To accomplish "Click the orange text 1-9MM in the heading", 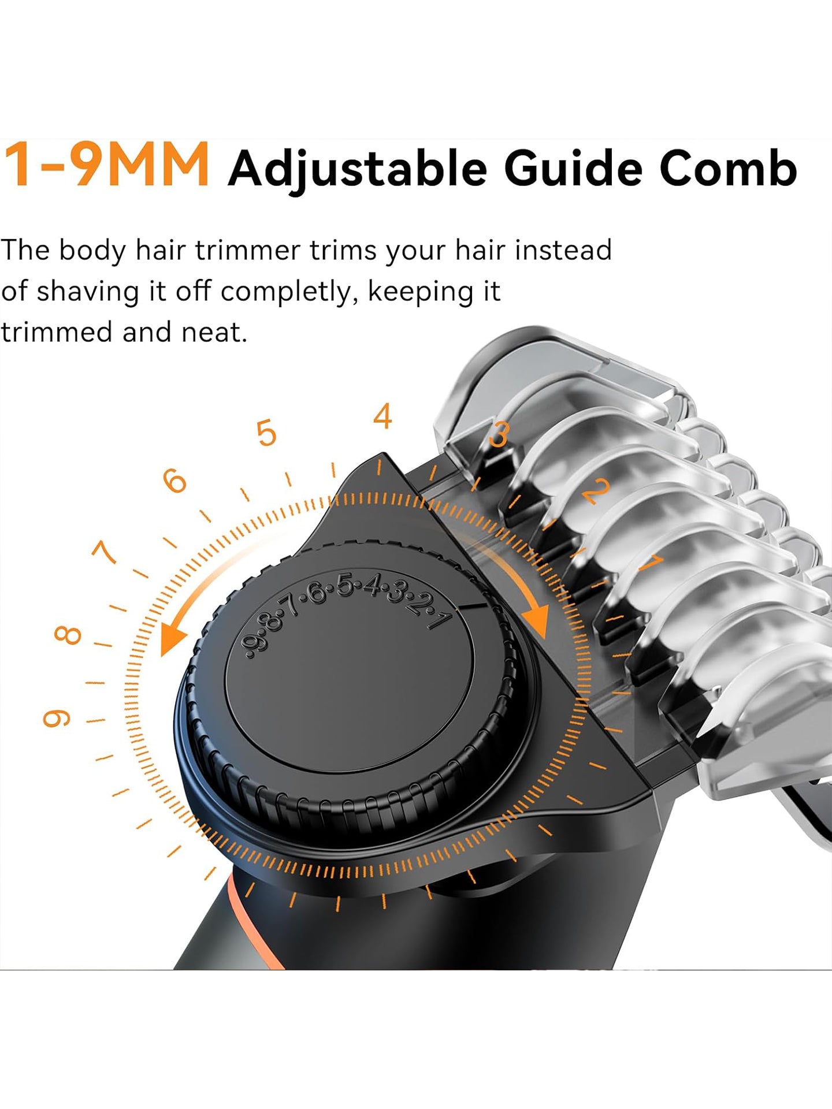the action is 106,165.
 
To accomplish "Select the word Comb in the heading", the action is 728,168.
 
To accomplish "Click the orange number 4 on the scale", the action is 382,416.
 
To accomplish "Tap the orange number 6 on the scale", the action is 175,481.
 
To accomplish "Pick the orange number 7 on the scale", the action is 105,552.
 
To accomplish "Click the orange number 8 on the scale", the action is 68,635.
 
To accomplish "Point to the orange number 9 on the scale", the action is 57,719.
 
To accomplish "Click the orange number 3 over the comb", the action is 499,434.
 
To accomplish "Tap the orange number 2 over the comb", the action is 596,490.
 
